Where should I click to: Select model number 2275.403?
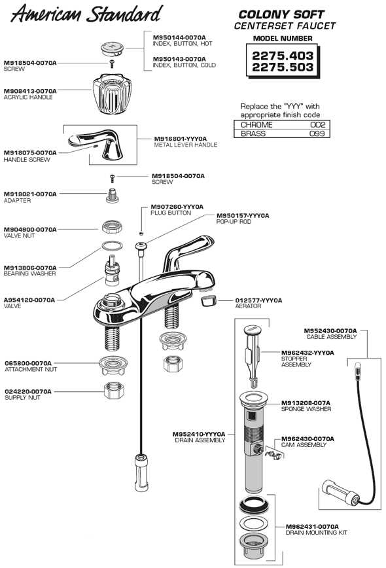coord(283,56)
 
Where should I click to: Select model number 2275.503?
coord(283,68)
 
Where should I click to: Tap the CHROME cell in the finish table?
coord(256,124)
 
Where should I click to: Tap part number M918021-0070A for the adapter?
coord(30,194)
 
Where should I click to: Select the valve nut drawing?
coord(112,228)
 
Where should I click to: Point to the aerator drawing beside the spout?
coord(207,301)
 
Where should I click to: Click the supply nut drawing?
coord(115,391)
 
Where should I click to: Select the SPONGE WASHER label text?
coord(306,409)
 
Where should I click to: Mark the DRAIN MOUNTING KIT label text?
coord(317,533)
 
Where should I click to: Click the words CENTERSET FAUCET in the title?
coord(285,26)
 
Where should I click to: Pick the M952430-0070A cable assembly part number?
coord(330,330)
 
